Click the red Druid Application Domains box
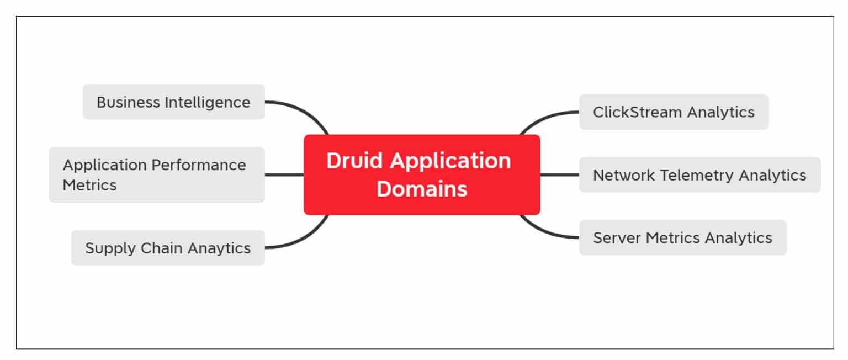[x=422, y=174]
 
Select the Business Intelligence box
[x=173, y=102]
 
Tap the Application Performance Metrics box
[x=156, y=174]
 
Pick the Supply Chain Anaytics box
[x=168, y=248]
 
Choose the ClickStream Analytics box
[x=674, y=112]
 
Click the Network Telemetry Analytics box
[x=699, y=175]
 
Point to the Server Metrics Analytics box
[x=682, y=237]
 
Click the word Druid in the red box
[x=355, y=161]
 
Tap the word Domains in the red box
[x=422, y=189]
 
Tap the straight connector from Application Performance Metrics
[x=284, y=174]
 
